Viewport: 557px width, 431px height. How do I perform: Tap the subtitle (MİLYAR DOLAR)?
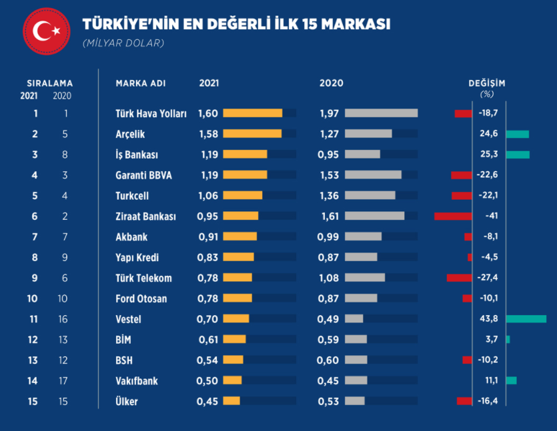[x=123, y=43]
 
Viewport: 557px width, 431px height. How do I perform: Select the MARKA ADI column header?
[x=140, y=83]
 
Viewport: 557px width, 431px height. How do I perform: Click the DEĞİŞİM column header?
[x=487, y=83]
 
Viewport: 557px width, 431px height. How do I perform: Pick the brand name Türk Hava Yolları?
[x=151, y=113]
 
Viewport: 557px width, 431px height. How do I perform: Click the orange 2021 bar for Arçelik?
[x=252, y=134]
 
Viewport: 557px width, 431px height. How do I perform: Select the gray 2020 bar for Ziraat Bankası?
[x=374, y=216]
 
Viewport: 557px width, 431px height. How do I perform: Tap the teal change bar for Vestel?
[x=526, y=319]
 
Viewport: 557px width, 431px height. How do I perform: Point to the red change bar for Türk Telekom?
[x=459, y=278]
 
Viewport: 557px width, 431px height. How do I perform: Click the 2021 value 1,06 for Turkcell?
[x=208, y=196]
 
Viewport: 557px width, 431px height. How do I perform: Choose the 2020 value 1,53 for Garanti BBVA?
[x=330, y=175]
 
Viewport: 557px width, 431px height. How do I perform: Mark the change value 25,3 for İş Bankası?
[x=489, y=155]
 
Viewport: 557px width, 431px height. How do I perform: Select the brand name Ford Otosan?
[x=141, y=298]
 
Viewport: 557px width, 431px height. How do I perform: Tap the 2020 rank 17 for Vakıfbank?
[x=63, y=381]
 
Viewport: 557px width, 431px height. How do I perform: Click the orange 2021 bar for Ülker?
[x=231, y=401]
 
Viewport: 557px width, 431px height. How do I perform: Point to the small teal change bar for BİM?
[x=508, y=340]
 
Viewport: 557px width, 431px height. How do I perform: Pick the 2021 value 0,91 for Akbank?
[x=208, y=236]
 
